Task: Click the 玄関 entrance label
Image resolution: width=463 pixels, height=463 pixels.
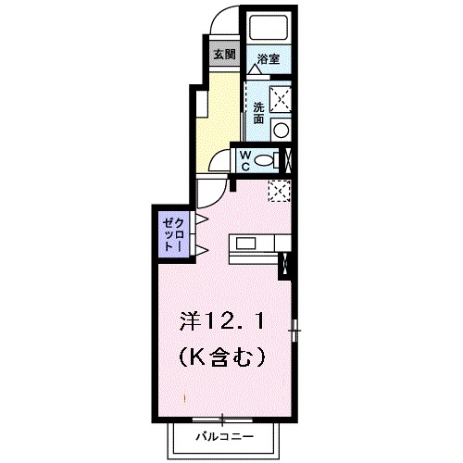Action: point(223,53)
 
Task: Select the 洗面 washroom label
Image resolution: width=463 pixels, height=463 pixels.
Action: point(258,113)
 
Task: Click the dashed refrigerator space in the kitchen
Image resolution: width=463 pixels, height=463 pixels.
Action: point(280,190)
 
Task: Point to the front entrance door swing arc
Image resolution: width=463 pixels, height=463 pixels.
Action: point(222,20)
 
